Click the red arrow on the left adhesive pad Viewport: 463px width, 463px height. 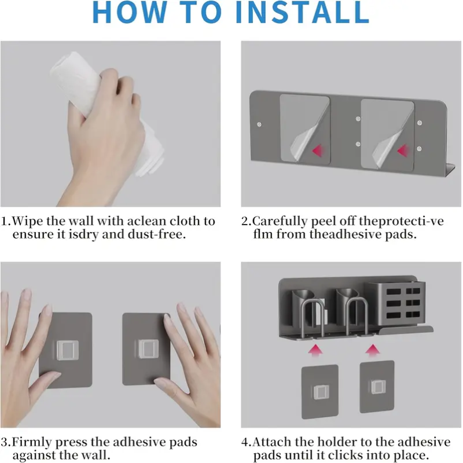[317, 150]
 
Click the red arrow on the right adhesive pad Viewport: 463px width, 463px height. [402, 150]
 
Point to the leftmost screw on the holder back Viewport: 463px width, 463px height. [259, 124]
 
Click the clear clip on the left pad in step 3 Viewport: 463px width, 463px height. [68, 350]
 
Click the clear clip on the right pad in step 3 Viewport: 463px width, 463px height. [148, 349]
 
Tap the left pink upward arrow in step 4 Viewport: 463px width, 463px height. [315, 351]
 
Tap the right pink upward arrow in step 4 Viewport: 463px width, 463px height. [373, 351]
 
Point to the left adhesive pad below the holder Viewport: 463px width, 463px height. [320, 392]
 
